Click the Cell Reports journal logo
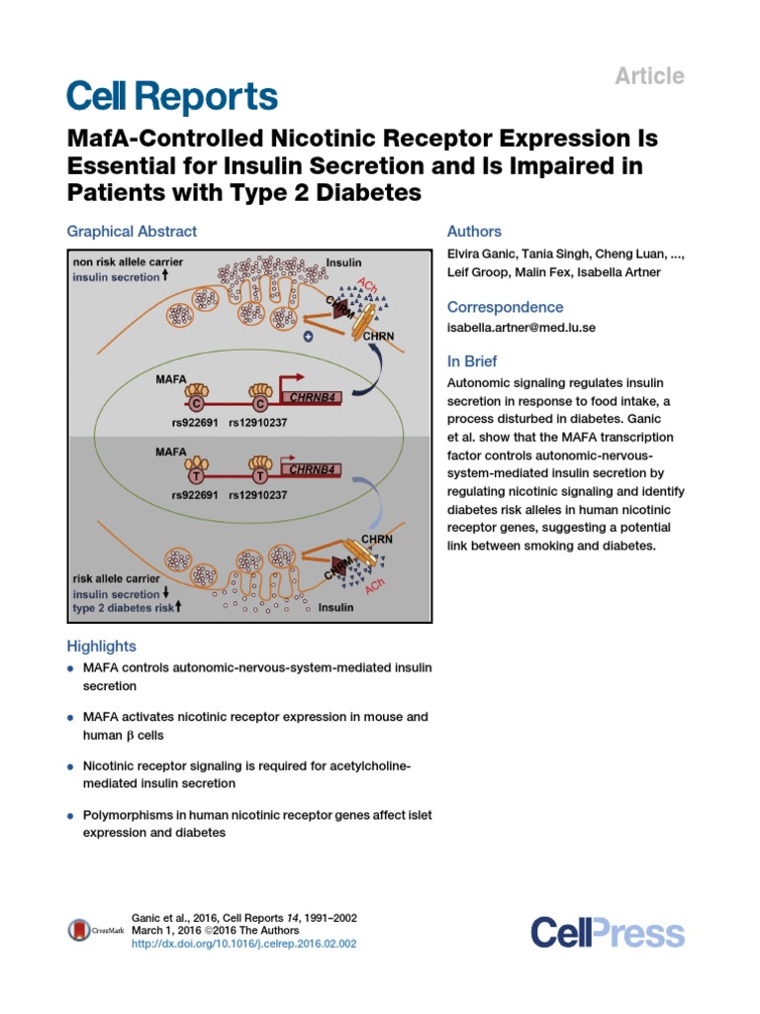pos(171,97)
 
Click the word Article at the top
pos(651,75)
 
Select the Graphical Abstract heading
pos(132,231)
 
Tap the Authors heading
pos(474,231)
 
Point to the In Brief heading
pos(472,361)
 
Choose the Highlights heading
pos(101,646)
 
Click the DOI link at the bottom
pos(243,944)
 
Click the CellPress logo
pos(607,932)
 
